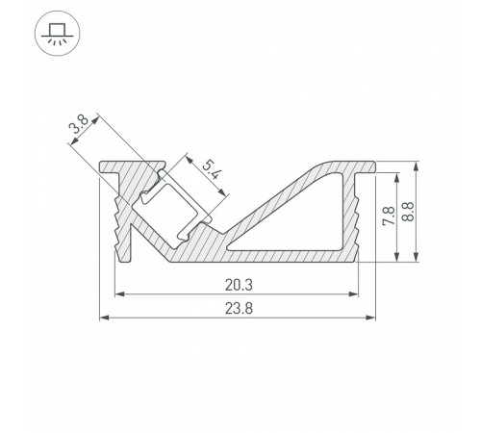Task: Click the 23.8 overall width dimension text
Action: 238,308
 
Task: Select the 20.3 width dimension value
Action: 238,283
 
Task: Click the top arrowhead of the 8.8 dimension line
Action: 415,165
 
